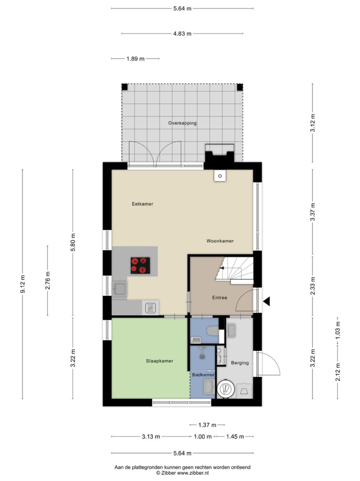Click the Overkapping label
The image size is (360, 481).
click(x=182, y=123)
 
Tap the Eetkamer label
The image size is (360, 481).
click(x=142, y=204)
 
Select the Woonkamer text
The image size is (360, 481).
click(x=220, y=241)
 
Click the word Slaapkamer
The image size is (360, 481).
click(x=160, y=361)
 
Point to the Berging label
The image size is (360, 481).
click(x=240, y=363)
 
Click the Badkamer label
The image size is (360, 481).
click(x=203, y=375)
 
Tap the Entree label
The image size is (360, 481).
click(x=220, y=298)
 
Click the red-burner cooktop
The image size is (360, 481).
click(x=140, y=265)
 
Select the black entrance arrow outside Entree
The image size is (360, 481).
click(x=267, y=301)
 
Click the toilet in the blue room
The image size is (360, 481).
click(x=213, y=331)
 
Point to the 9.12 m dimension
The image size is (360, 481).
click(x=23, y=284)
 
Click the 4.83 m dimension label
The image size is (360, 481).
click(x=182, y=33)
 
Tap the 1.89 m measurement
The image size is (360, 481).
click(x=135, y=59)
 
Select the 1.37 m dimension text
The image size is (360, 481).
click(x=207, y=425)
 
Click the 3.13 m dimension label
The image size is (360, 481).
click(x=151, y=436)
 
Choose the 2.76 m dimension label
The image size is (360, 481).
click(x=48, y=281)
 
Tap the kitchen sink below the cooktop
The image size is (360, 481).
click(x=120, y=289)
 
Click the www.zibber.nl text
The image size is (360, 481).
click(x=193, y=473)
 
